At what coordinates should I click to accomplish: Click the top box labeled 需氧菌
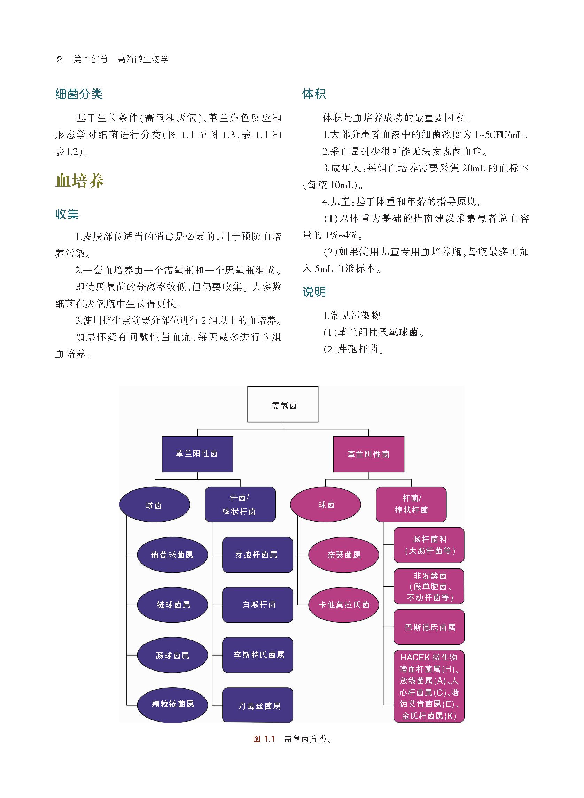282,404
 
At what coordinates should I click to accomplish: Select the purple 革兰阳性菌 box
197,454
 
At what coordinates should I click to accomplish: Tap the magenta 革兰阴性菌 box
368,454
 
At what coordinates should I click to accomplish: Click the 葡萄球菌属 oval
172,555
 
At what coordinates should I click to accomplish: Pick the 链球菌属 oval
172,605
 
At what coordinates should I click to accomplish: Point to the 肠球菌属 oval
172,655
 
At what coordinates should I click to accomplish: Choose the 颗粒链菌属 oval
172,704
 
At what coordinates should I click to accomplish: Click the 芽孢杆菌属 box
257,555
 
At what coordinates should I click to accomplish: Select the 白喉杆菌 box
257,605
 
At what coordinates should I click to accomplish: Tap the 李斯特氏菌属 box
257,655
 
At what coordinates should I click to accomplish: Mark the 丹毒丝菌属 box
257,705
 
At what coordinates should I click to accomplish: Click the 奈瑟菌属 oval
343,555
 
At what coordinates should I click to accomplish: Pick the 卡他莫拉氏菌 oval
343,605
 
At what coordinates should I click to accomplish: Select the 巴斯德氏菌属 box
428,627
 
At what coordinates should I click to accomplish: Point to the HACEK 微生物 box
428,686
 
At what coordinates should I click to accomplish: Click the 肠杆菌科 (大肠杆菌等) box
428,545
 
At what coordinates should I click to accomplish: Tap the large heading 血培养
79,181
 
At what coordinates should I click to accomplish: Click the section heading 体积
313,94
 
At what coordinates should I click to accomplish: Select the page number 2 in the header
60,60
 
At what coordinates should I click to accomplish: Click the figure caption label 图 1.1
264,739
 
